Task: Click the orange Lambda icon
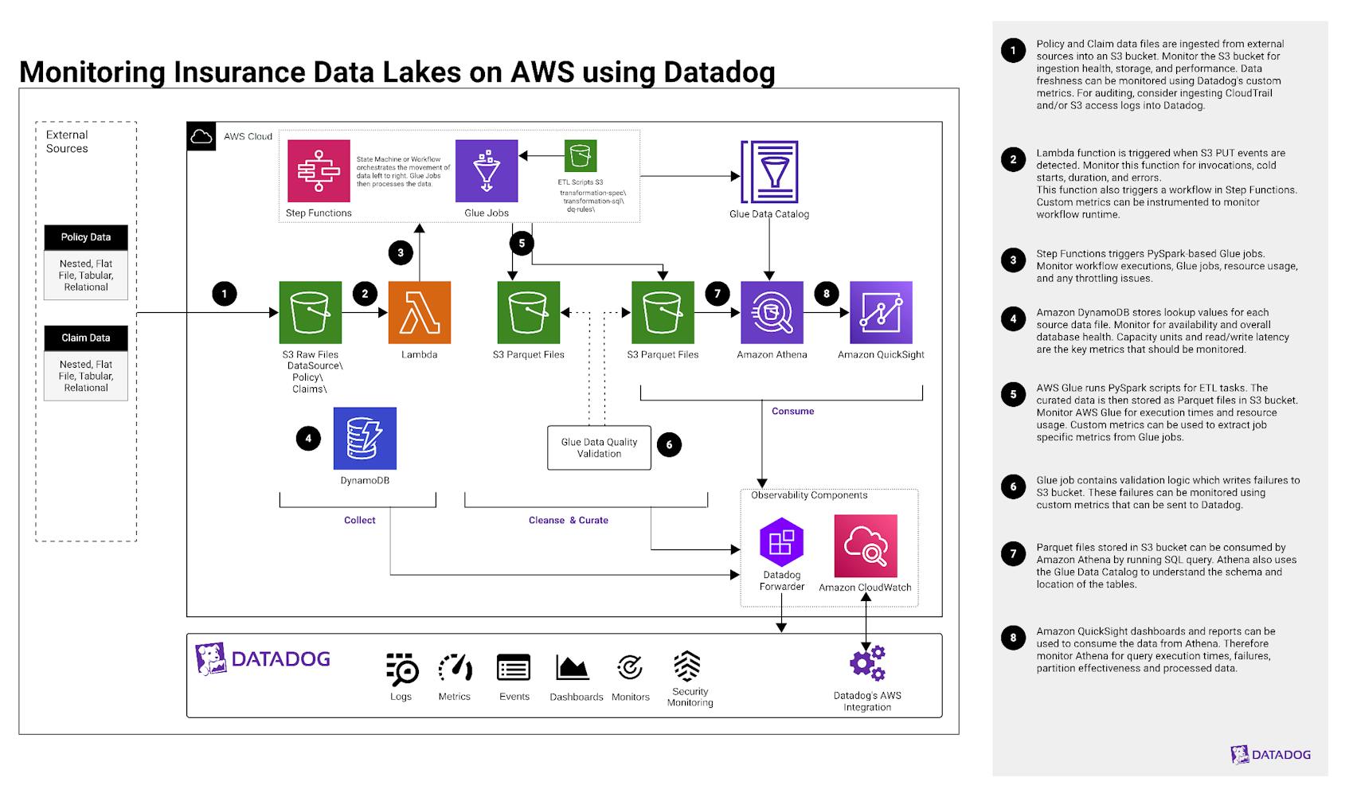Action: [419, 312]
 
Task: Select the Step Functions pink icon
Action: [319, 171]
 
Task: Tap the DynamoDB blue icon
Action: [365, 439]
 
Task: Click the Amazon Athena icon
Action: [771, 312]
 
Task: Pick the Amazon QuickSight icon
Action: [881, 312]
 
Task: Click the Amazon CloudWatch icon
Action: [866, 545]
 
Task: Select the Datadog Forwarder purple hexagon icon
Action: [781, 542]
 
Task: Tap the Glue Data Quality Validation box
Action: [599, 447]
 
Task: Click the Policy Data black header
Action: [86, 237]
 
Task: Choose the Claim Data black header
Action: [86, 338]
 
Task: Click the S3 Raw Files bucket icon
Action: [311, 312]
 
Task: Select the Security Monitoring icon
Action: [687, 666]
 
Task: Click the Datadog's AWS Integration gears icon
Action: [867, 663]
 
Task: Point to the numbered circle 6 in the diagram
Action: [669, 445]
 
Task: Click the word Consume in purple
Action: [792, 412]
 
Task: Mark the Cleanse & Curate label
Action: [568, 521]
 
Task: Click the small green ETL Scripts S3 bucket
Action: [581, 156]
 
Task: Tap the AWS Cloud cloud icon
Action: [201, 136]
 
